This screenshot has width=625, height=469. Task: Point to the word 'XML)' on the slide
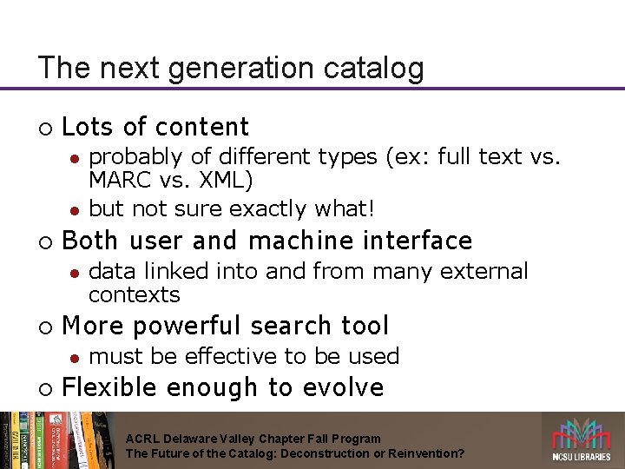pyautogui.click(x=223, y=182)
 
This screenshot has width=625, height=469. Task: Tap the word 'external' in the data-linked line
pyautogui.click(x=484, y=272)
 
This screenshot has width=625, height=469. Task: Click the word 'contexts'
pyautogui.click(x=135, y=294)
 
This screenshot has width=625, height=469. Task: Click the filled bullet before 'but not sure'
pyautogui.click(x=75, y=210)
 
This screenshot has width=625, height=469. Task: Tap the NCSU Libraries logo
pyautogui.click(x=582, y=439)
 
